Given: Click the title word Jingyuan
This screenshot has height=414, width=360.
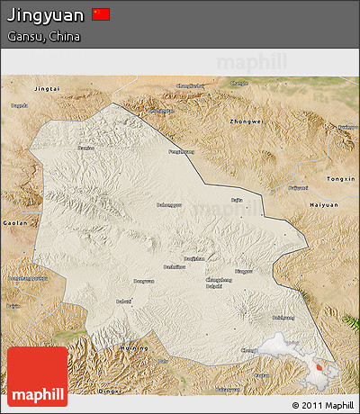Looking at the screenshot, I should [46, 15].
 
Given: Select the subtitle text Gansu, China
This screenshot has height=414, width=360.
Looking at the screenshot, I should [43, 37].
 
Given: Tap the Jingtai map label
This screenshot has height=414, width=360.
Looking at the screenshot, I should [46, 90].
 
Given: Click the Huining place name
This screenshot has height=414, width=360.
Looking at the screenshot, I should [134, 347].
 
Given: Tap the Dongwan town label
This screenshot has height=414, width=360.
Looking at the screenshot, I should [144, 281].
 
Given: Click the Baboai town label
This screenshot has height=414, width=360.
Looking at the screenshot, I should [123, 301].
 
